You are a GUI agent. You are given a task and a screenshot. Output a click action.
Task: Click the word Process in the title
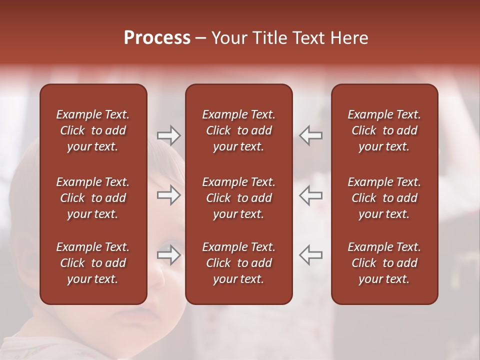click(x=157, y=38)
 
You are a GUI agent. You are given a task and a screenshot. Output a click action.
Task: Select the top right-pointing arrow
click(x=168, y=135)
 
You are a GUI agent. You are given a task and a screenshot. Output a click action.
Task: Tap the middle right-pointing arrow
click(x=168, y=195)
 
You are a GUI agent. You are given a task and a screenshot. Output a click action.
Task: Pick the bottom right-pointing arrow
click(x=168, y=255)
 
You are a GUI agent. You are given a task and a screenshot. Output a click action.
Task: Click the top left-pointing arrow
click(x=310, y=135)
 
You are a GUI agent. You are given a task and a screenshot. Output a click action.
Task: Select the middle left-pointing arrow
click(x=310, y=195)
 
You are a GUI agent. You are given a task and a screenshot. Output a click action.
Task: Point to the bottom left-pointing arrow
click(x=310, y=255)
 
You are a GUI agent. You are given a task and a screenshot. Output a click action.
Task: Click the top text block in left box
click(x=93, y=130)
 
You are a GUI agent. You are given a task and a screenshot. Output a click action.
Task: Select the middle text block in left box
click(x=93, y=198)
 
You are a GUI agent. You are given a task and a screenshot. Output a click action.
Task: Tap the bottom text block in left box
click(x=93, y=263)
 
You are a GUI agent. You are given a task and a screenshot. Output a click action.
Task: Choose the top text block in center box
click(x=238, y=130)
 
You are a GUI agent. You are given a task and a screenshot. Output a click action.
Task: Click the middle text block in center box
click(x=238, y=198)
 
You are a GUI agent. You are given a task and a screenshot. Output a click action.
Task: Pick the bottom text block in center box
click(x=238, y=263)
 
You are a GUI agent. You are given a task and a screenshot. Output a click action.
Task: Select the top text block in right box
click(x=384, y=130)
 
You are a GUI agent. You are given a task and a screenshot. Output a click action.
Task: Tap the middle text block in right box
click(x=384, y=198)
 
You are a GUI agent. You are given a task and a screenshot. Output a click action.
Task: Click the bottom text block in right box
click(x=384, y=263)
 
